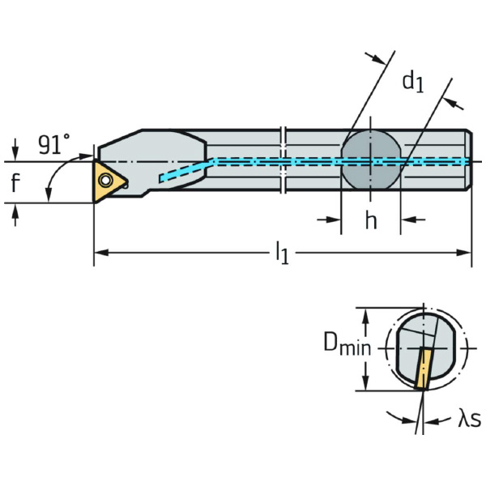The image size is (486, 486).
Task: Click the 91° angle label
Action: click(x=54, y=144)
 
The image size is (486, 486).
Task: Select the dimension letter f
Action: click(x=15, y=184)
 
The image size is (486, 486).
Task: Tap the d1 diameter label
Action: click(x=413, y=80)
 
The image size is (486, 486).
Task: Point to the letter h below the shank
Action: click(x=370, y=220)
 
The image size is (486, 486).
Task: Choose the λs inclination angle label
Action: click(x=469, y=418)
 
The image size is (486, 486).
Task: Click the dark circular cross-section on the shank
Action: click(x=370, y=160)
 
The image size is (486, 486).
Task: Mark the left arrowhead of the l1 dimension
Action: click(x=99, y=254)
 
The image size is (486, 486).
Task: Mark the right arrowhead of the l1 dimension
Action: click(x=467, y=254)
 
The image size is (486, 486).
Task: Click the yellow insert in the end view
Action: click(x=424, y=369)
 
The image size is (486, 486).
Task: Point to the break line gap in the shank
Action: click(x=283, y=160)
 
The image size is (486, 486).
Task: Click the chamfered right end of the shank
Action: click(x=467, y=160)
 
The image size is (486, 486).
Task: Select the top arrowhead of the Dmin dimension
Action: click(x=366, y=312)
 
